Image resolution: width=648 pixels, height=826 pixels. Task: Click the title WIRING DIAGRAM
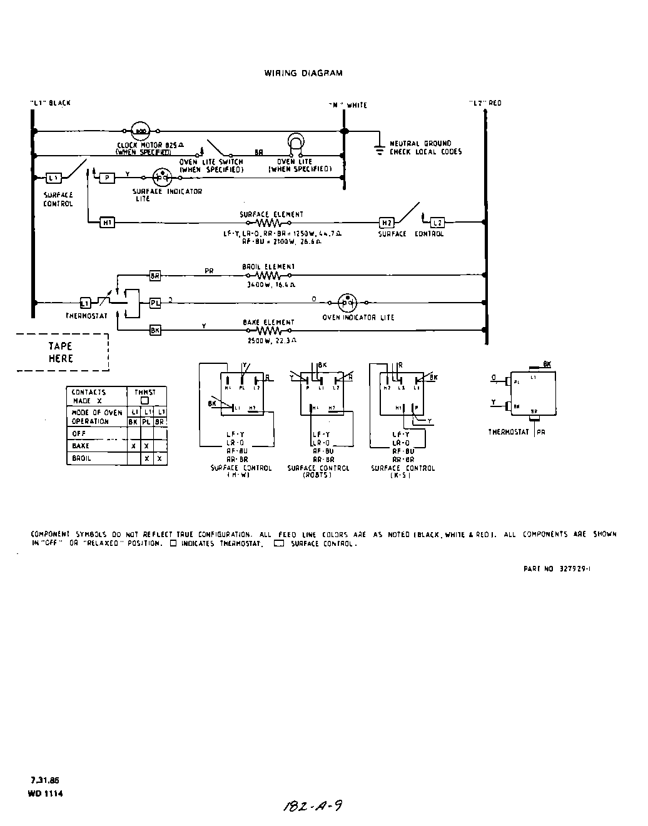[303, 73]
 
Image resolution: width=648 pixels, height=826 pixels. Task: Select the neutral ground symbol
[379, 149]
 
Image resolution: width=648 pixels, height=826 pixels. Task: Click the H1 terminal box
[108, 222]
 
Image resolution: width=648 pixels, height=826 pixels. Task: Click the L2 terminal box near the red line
[438, 223]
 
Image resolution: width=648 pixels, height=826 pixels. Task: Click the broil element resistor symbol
[269, 275]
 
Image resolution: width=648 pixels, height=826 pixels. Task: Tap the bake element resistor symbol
[269, 330]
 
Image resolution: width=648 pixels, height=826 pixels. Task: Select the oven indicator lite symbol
[347, 303]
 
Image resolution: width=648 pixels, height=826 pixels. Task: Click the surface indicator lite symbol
[162, 178]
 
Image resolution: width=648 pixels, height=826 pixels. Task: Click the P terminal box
[108, 178]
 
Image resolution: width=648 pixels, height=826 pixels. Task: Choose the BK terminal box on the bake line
[155, 330]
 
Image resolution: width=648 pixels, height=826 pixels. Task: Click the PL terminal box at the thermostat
[155, 303]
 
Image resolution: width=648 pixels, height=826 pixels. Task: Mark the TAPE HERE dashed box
[62, 353]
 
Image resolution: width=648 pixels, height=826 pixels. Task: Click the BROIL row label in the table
[81, 458]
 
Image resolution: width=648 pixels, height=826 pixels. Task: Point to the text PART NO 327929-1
[557, 569]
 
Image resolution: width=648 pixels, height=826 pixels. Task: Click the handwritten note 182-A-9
[313, 806]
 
